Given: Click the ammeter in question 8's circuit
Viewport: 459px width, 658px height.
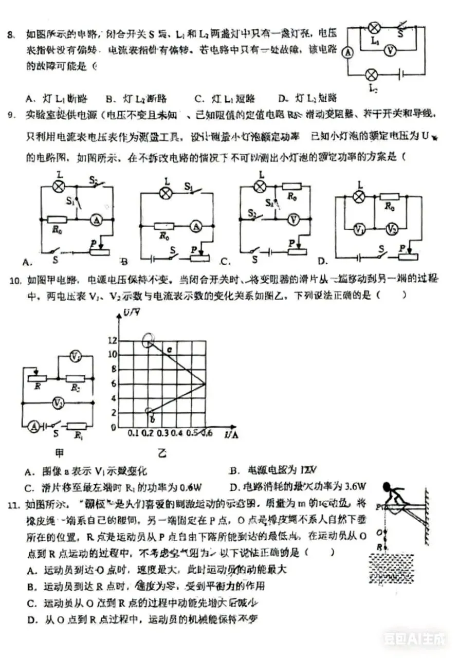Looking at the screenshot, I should coord(347,52).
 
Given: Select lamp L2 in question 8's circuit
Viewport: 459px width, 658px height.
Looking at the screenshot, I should coord(371,75).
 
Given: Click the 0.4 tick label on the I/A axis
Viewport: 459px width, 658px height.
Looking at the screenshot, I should coord(177,434).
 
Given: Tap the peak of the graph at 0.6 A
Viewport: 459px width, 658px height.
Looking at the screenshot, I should coord(206,383).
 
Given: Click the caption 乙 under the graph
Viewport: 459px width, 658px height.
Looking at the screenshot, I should coord(162,453).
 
